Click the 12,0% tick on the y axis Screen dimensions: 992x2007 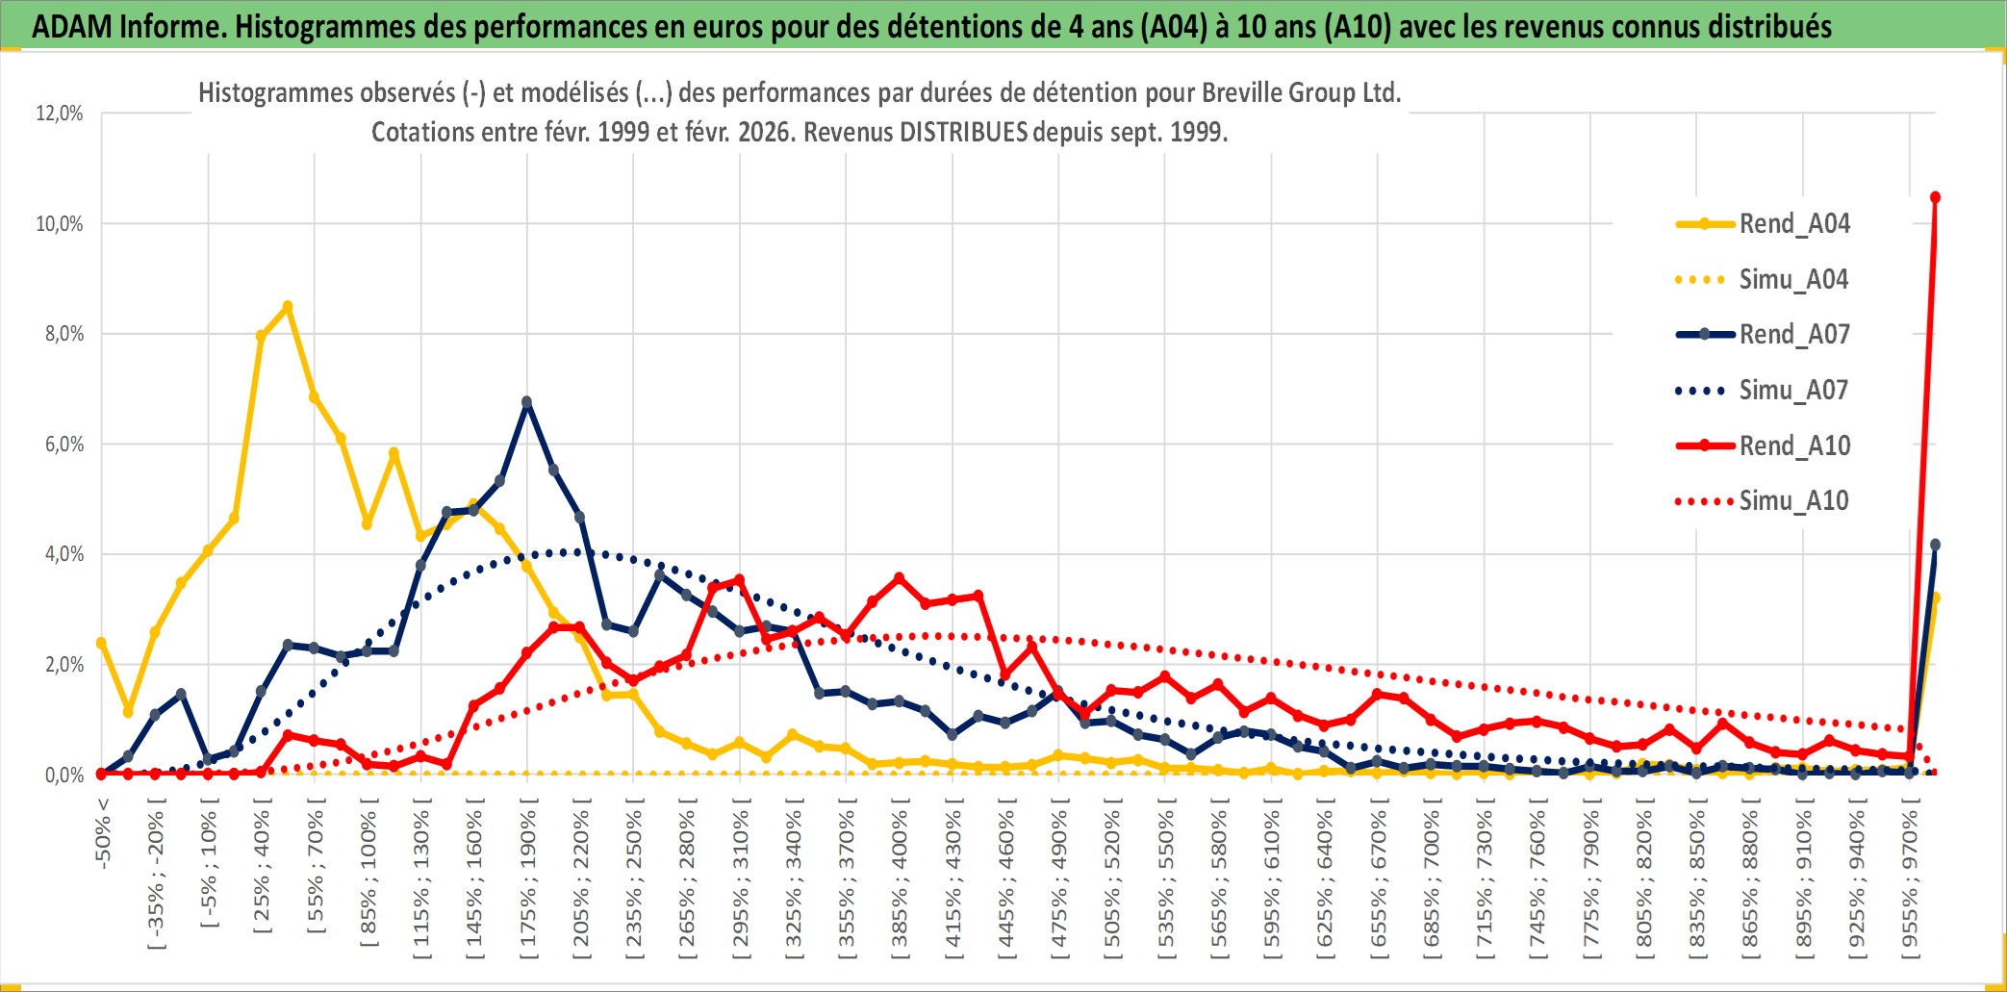tap(60, 114)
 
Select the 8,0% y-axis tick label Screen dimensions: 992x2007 tap(60, 334)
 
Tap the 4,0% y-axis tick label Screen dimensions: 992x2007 tap(60, 554)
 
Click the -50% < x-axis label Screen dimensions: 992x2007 tap(103, 833)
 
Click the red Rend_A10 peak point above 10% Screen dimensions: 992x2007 tap(1935, 197)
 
